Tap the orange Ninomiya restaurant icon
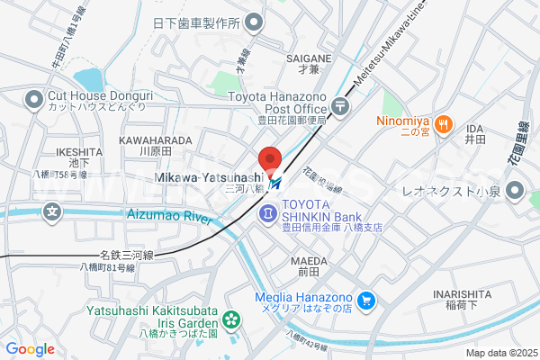coord(442,125)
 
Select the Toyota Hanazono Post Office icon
coord(341,106)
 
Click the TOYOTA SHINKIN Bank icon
coord(268,213)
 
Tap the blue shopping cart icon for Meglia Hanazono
coord(366,300)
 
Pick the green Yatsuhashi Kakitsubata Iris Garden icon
coord(231,318)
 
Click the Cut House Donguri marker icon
coord(35,97)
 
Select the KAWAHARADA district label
coord(155,141)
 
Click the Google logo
coord(30,349)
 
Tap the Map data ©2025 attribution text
coord(499,353)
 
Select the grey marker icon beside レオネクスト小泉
coord(515,190)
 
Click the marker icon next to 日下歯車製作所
coord(255,22)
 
